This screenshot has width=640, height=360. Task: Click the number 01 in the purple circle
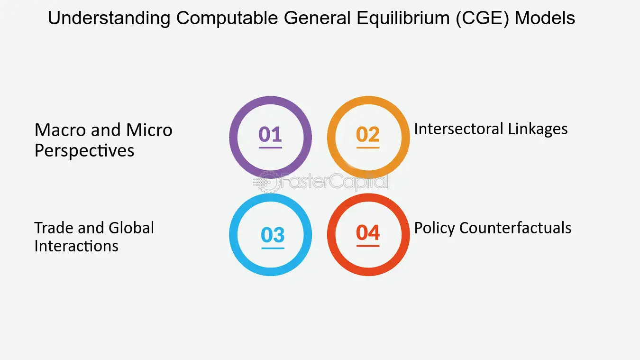270,134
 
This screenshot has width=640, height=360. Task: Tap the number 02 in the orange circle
368,134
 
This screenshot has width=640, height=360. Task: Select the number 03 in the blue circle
273,235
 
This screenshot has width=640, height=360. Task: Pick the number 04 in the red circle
368,232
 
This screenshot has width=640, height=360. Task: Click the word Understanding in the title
109,18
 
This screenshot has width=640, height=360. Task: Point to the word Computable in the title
227,18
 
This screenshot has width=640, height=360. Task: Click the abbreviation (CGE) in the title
482,18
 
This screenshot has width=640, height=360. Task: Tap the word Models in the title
545,18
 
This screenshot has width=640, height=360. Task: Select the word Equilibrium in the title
403,18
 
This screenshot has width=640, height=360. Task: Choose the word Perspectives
84,151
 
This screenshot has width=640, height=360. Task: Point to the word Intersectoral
458,129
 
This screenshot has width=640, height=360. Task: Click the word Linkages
538,129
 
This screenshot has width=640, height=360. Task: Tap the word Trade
54,228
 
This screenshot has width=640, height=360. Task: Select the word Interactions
76,246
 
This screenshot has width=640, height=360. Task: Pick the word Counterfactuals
516,228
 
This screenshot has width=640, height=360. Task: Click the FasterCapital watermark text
334,181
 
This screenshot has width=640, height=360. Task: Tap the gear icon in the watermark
267,182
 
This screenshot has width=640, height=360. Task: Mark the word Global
131,228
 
